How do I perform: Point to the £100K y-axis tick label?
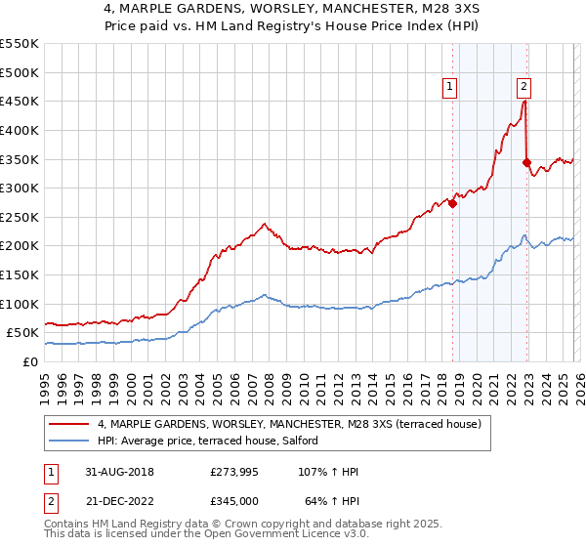coord(20,304)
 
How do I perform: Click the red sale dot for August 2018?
coord(452,203)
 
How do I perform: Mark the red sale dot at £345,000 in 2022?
coord(526,162)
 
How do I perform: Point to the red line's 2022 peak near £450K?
coord(524,99)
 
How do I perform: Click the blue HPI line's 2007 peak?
coord(264,294)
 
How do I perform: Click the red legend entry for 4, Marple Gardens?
coord(289,424)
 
